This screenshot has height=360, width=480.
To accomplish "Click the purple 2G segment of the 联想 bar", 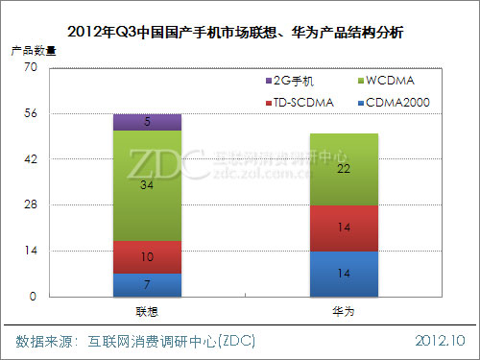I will pyautogui.click(x=147, y=122).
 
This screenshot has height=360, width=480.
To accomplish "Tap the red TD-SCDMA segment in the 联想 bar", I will pyautogui.click(x=147, y=257).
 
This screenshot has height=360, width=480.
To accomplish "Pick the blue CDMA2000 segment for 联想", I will pyautogui.click(x=147, y=285).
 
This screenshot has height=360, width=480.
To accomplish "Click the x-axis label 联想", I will pyautogui.click(x=147, y=313).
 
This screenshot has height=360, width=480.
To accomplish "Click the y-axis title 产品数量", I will pyautogui.click(x=32, y=47).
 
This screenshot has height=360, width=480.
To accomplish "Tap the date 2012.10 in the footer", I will pyautogui.click(x=442, y=341).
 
